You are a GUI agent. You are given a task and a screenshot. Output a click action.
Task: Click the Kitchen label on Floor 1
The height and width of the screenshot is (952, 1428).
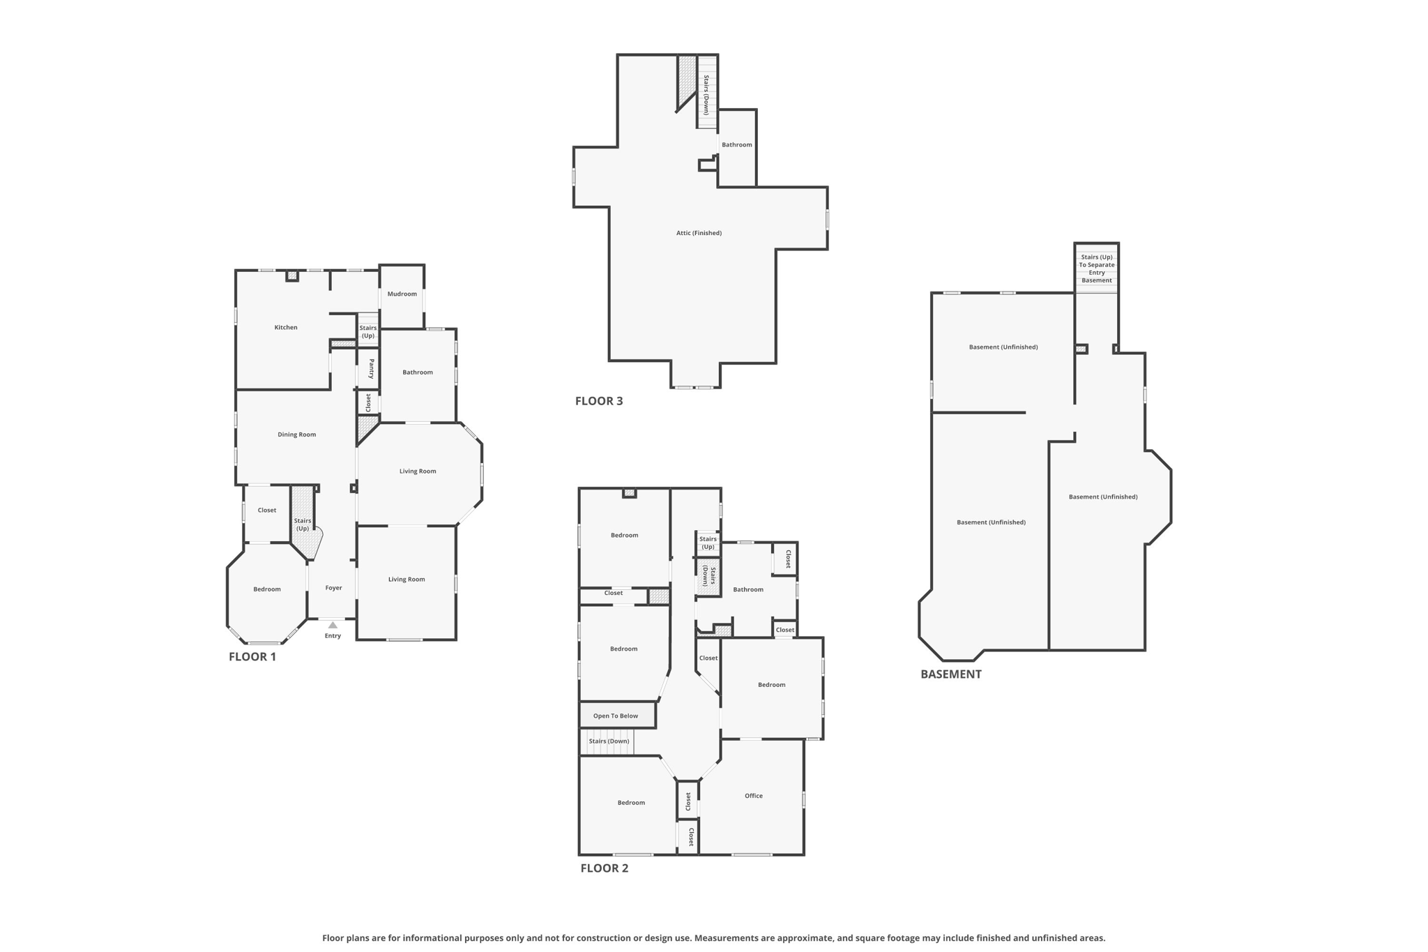[286, 327]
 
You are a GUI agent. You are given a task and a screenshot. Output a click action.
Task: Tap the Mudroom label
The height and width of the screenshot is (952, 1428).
[402, 294]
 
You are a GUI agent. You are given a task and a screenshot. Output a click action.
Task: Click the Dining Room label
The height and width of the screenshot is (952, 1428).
[297, 435]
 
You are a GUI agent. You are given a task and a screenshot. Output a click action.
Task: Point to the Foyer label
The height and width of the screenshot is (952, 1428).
[334, 588]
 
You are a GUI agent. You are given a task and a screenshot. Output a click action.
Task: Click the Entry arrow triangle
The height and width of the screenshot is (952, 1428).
[333, 625]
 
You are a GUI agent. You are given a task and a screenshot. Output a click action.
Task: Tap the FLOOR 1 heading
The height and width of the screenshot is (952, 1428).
[252, 656]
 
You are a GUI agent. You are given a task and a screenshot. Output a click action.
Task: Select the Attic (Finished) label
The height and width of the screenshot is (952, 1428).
[699, 233]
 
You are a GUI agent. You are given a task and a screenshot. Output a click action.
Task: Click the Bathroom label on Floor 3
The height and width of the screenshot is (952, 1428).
[737, 144]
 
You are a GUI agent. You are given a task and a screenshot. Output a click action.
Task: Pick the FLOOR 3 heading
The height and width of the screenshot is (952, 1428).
[599, 401]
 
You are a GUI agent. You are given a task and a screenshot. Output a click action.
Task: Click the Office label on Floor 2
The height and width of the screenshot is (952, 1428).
[754, 796]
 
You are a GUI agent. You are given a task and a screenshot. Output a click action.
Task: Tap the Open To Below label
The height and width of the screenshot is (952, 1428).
[616, 716]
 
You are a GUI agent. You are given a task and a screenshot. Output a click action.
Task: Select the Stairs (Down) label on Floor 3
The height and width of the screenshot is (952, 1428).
[706, 95]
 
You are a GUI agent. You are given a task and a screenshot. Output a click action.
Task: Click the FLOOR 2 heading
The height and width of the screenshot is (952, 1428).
[605, 868]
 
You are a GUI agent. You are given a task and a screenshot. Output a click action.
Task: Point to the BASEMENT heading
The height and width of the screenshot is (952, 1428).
[951, 674]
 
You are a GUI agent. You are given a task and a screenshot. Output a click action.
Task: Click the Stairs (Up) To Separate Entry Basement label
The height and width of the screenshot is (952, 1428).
[1097, 269]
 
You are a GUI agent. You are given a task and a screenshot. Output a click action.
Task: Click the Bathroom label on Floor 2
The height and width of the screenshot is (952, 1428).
[748, 589]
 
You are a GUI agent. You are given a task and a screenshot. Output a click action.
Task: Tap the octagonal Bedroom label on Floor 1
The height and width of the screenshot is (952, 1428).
[267, 589]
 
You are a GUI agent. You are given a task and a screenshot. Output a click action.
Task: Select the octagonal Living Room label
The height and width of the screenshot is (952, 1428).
[418, 471]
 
